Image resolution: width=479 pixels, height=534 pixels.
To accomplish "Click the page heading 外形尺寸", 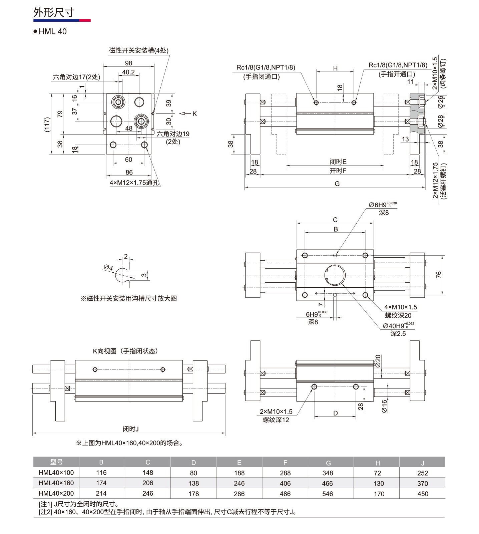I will click(x=54, y=12).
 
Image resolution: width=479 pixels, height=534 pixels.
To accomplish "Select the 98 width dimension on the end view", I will click(x=128, y=63).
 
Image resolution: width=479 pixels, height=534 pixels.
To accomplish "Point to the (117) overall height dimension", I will click(x=47, y=124).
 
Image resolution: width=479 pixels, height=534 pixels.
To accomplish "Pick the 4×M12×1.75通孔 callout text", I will click(x=134, y=183).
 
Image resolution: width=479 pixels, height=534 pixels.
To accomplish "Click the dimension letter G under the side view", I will click(x=337, y=184).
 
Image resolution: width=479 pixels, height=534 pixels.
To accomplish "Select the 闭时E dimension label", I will click(x=338, y=162).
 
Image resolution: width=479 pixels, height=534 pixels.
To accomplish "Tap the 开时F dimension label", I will click(x=338, y=171).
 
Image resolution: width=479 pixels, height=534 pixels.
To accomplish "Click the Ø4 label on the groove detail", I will click(x=108, y=268).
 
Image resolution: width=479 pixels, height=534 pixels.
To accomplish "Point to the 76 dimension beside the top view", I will click(x=439, y=275).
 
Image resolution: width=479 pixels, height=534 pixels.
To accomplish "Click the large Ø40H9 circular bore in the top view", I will click(x=335, y=275).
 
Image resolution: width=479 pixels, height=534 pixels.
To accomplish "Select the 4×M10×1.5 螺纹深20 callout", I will click(x=400, y=311).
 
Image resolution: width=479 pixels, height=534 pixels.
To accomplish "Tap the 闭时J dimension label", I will click(x=130, y=429).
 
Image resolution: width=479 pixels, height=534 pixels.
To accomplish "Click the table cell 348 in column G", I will click(x=328, y=473).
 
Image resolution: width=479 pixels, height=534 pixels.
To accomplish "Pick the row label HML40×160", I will click(x=56, y=483).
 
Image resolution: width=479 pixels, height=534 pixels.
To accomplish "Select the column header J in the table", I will click(x=422, y=463).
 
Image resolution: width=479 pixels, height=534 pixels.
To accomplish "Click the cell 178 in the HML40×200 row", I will click(x=193, y=494).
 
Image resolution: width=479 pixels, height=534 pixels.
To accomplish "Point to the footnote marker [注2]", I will click(x=45, y=512).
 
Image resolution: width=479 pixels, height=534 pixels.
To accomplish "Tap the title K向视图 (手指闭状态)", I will click(x=125, y=351).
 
